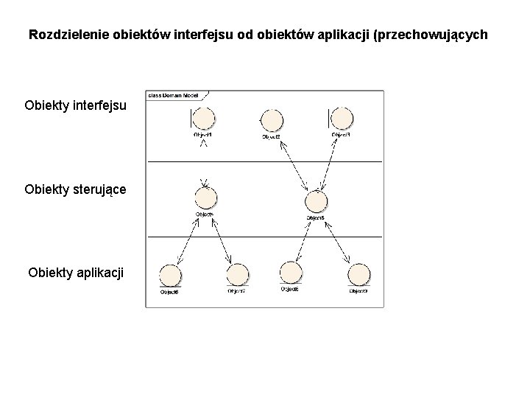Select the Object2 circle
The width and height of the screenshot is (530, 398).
272,120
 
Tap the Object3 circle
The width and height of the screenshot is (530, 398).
342,118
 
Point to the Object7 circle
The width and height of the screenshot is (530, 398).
237,276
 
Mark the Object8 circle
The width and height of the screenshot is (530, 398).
289,273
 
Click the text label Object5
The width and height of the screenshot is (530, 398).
316,219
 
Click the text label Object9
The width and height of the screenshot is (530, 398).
358,292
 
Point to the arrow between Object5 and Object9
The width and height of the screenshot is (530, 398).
336,241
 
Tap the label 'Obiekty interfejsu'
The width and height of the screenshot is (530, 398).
75,105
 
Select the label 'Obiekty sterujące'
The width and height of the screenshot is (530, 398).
75,189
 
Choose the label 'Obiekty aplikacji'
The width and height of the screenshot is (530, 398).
76,273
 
